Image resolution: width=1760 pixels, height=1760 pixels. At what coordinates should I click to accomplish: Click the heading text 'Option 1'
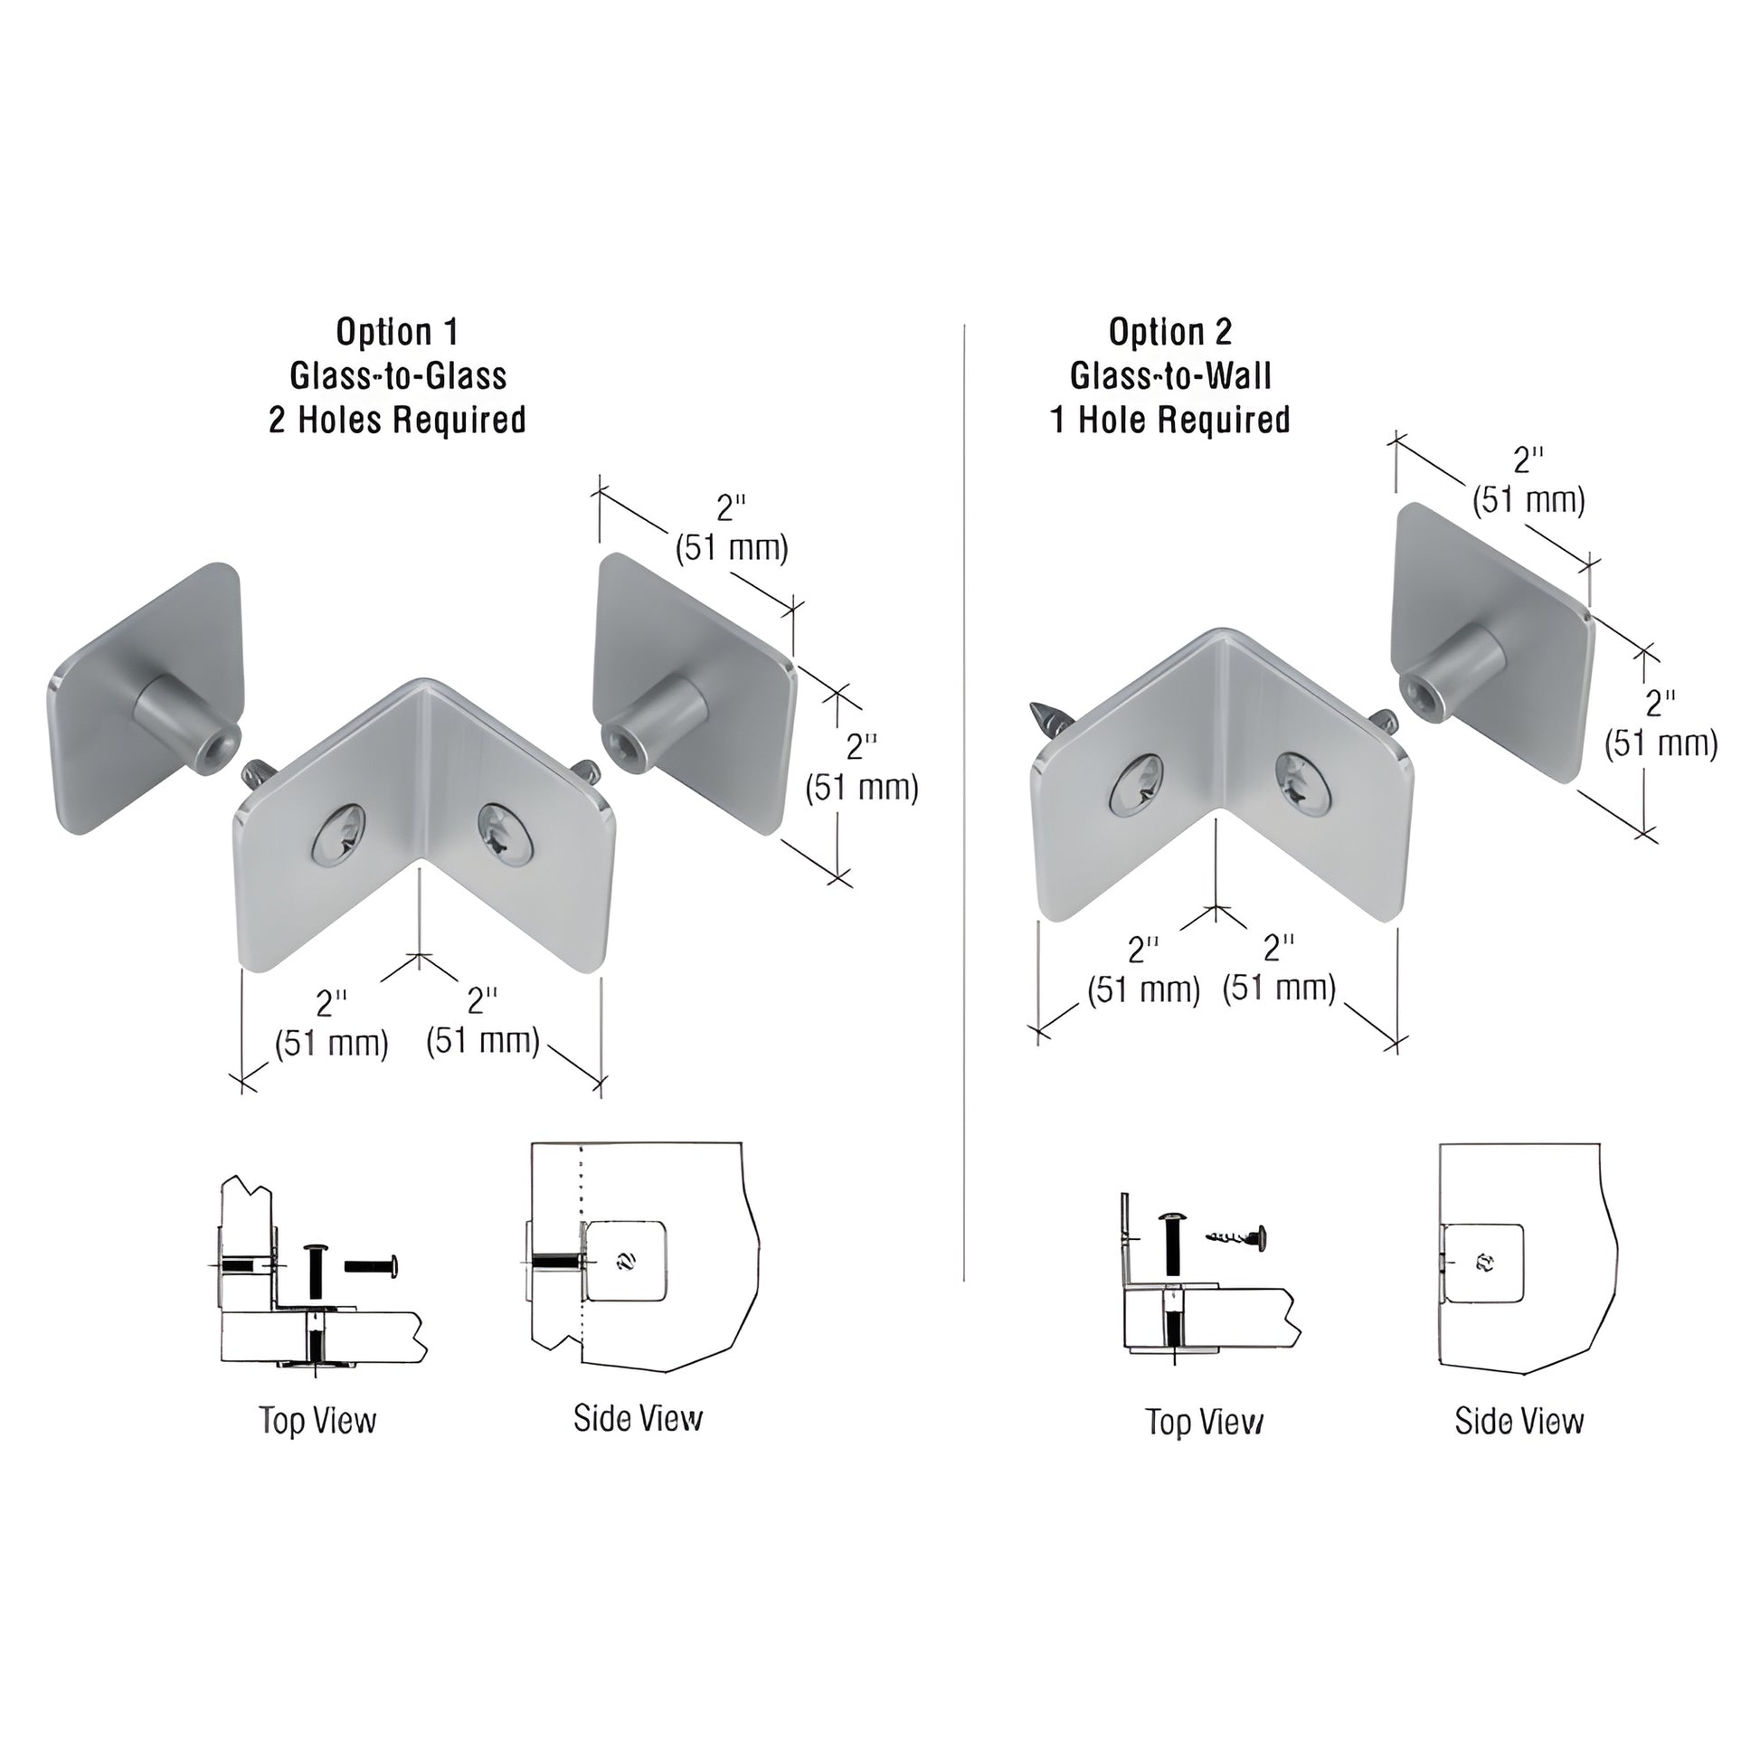coord(397,332)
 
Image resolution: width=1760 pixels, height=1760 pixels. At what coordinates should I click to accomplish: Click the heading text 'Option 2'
coord(1169,332)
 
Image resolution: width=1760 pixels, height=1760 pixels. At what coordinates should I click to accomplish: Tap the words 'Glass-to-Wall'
coord(1169,375)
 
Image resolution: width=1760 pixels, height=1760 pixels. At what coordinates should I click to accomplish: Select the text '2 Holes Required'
coord(397,420)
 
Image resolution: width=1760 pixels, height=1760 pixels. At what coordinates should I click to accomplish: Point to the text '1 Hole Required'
coord(1169,420)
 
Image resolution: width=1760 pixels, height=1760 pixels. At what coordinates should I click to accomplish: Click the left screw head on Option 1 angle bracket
coord(338,835)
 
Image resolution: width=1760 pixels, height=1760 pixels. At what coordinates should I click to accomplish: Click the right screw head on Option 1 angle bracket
coord(504,829)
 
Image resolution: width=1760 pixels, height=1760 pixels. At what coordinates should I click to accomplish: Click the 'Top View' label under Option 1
coord(317,1420)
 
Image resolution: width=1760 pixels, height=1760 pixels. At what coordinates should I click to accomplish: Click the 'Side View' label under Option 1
coord(638,1417)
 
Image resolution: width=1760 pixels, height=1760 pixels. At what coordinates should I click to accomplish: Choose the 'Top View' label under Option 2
coord(1205,1421)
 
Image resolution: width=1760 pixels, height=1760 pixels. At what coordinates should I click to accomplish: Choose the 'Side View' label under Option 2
coord(1519,1421)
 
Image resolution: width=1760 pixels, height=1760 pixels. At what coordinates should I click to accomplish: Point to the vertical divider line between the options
coord(964,820)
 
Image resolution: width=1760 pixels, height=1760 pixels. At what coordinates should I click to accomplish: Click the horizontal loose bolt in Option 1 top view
coord(372,1265)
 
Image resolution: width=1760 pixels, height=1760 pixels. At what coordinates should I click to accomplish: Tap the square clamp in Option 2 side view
coord(1484,1263)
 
